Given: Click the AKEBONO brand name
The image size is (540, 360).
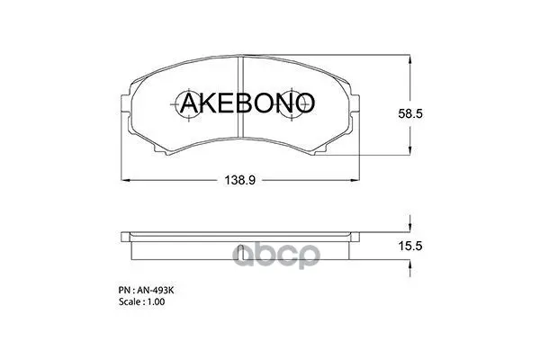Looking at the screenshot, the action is coord(247,103).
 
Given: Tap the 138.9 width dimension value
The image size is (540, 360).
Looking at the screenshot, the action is coord(240,180).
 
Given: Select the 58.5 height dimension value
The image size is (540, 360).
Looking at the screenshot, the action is coord(410,113).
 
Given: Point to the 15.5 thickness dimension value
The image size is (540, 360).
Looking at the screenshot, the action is coord(410,246).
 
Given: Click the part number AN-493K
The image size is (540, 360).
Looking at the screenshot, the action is coord(156,291).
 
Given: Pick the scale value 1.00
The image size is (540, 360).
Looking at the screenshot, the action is coord(156,301).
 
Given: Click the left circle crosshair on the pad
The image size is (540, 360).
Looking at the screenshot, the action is coord(188,104).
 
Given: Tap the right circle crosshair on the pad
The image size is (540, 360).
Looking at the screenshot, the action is coord(292,104).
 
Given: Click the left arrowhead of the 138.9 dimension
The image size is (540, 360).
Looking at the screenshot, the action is coord(126,180).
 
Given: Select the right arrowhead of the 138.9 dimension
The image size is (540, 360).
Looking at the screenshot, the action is coord(355,180).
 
